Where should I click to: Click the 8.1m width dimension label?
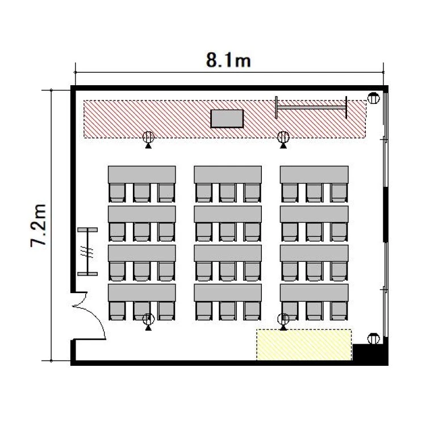(228, 60)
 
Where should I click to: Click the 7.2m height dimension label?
(39, 225)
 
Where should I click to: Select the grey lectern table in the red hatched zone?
(227, 119)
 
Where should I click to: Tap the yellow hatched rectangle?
(304, 345)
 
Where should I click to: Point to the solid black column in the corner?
(370, 353)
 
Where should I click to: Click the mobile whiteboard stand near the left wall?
(87, 252)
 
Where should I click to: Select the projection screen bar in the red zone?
(311, 107)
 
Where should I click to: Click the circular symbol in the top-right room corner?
(373, 98)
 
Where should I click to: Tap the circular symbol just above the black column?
(373, 339)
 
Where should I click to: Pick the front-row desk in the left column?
(142, 174)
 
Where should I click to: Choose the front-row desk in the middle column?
(228, 174)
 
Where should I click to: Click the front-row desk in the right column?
(314, 174)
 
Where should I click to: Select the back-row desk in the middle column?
(228, 293)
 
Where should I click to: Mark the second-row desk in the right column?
(314, 214)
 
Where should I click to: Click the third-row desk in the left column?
(142, 253)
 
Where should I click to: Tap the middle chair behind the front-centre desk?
(228, 193)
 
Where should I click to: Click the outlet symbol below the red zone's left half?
(148, 140)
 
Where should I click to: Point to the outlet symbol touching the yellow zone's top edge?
(283, 321)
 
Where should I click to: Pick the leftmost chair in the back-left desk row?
(117, 311)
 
